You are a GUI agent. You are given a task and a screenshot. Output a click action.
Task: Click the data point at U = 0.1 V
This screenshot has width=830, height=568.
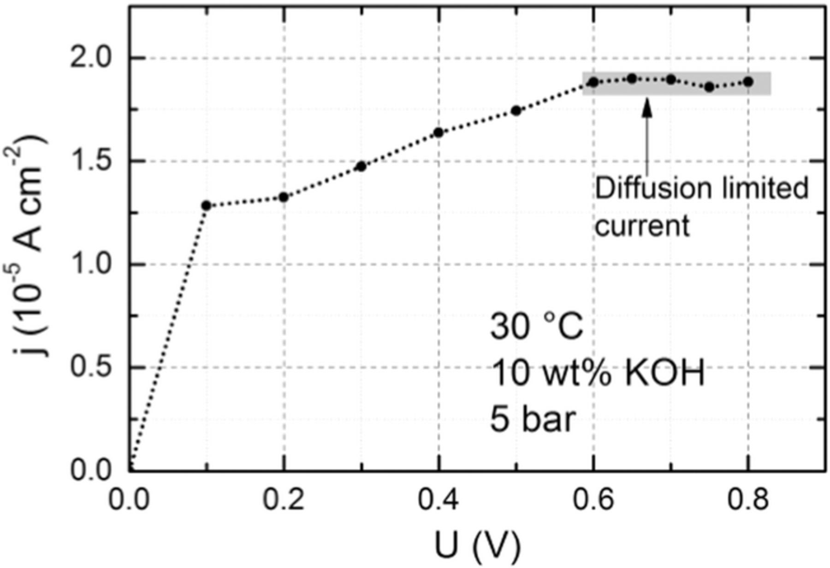(207, 206)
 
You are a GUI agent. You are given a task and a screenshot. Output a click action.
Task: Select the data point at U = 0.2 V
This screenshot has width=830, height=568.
(284, 197)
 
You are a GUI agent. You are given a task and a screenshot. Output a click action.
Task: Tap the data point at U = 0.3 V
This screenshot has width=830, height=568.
(362, 166)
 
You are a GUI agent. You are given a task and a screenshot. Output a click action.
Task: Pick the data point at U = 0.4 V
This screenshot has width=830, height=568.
(439, 133)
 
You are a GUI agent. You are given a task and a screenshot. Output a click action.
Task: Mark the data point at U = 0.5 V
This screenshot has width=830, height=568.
(516, 111)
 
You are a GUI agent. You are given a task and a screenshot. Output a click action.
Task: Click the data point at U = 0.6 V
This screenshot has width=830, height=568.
(594, 82)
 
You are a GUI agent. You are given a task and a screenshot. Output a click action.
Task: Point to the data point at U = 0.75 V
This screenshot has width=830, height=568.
(710, 87)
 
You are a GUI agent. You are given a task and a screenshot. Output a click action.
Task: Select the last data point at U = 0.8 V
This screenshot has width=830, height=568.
(748, 82)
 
